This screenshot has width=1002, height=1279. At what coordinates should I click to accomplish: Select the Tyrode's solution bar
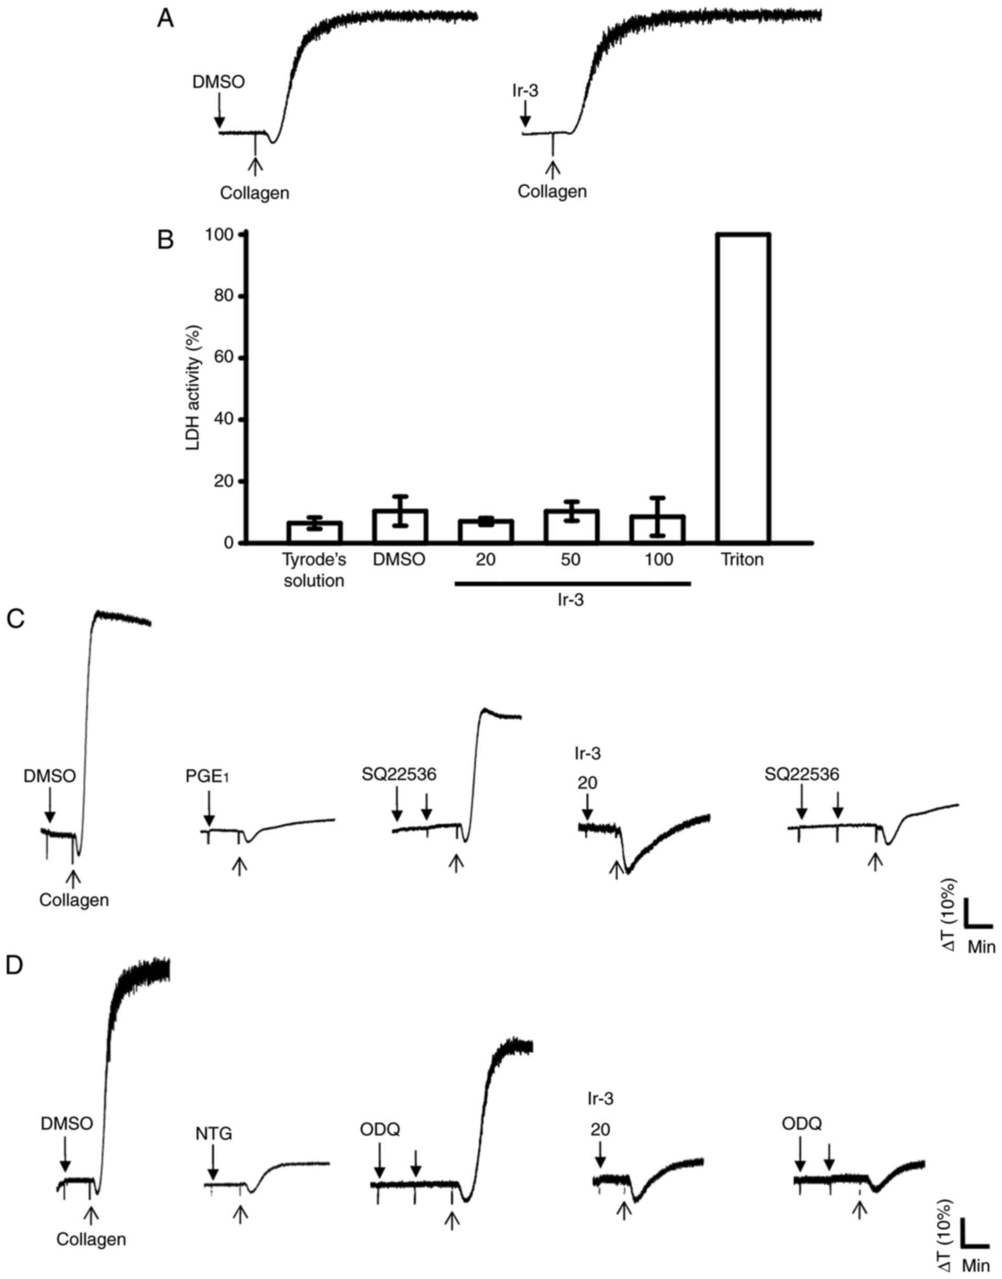tap(314, 532)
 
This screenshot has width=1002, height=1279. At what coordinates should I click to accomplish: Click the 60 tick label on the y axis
tap(229, 358)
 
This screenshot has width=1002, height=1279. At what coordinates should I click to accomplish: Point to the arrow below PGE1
tap(208, 811)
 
